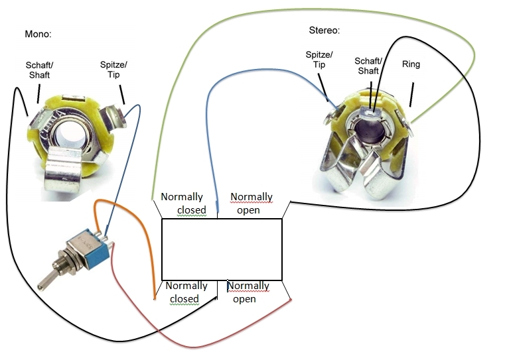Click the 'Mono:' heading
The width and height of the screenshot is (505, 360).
click(38, 34)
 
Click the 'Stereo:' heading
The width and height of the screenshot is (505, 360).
click(325, 30)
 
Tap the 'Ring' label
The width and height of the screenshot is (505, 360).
click(411, 64)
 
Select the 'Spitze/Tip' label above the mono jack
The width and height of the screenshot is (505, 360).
click(113, 70)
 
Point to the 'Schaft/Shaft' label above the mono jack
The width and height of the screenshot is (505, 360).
click(39, 70)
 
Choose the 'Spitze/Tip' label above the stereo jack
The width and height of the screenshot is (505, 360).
click(319, 60)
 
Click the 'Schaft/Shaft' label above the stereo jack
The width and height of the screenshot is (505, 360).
click(368, 66)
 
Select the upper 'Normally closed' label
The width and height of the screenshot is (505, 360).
click(185, 203)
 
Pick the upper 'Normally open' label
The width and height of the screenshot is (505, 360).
click(252, 203)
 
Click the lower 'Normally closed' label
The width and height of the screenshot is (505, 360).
click(186, 292)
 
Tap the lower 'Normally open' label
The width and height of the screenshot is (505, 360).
click(248, 292)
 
